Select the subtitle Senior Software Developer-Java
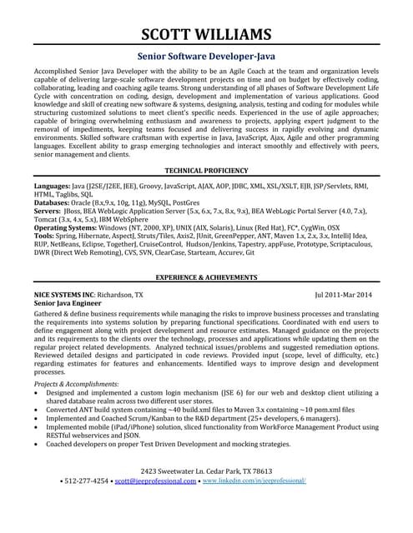click(206, 57)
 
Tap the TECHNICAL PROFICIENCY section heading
click(206, 169)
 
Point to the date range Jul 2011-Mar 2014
click(344, 295)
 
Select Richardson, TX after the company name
click(120, 295)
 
